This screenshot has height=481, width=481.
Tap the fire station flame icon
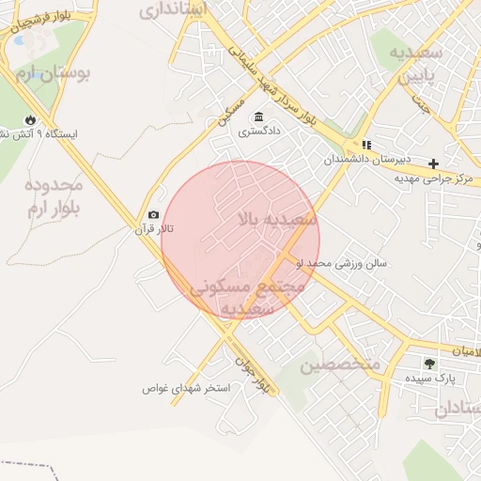click(x=31, y=119)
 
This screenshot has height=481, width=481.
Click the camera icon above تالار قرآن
click(x=154, y=215)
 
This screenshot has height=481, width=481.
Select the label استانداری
click(x=178, y=11)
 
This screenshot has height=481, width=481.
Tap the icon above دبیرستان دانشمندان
click(x=365, y=146)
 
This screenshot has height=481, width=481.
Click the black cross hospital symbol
click(x=433, y=163)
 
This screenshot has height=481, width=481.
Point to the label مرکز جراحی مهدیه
click(x=435, y=178)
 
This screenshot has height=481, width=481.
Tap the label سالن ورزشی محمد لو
click(x=367, y=264)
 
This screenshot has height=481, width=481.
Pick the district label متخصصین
click(x=339, y=365)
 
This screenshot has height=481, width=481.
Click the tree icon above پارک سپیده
click(x=429, y=363)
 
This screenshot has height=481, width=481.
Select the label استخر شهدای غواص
click(x=186, y=387)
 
